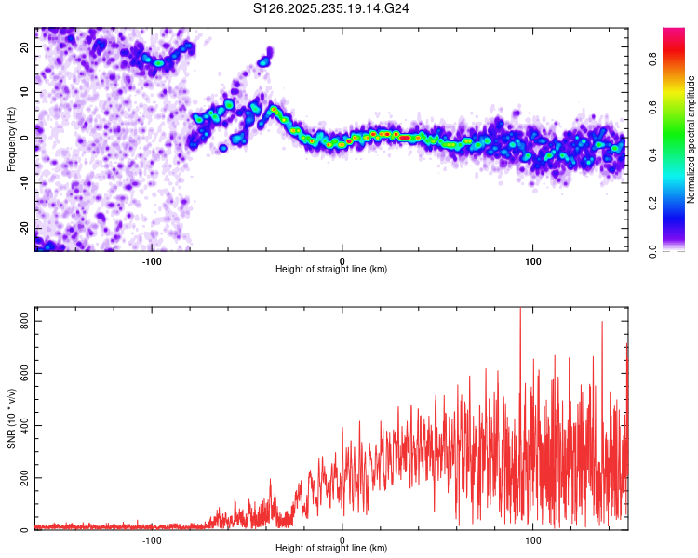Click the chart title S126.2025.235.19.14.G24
[x=332, y=8]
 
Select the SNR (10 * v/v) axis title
[x=11, y=418]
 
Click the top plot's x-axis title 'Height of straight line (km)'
[x=331, y=269]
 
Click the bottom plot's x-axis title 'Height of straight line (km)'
[x=331, y=548]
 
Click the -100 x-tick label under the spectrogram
[x=151, y=259]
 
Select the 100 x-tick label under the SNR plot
[x=532, y=538]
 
